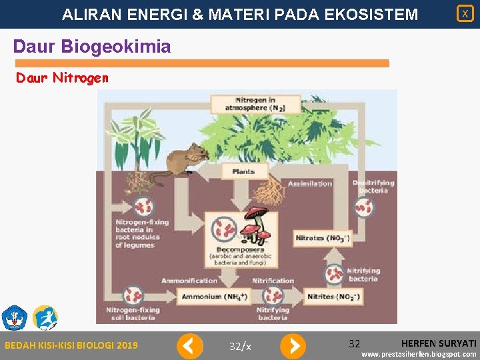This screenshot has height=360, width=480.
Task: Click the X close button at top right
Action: [x=465, y=13]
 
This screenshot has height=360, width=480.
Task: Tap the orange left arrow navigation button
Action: [x=190, y=346]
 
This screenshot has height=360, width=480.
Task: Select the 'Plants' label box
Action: [x=243, y=171]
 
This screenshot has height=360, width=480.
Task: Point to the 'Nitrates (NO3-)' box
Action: [x=323, y=238]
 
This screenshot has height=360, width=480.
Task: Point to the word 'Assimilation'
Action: [x=310, y=183]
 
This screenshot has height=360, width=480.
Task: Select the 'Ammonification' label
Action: [x=189, y=281]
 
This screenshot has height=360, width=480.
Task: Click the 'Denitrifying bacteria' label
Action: [x=373, y=187]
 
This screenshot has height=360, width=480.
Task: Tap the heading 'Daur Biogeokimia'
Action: [x=92, y=47]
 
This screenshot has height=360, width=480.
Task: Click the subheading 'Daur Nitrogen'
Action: [x=61, y=78]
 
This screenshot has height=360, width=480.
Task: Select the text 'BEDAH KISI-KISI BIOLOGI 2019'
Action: [x=71, y=345]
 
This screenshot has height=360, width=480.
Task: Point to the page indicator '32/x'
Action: [x=240, y=346]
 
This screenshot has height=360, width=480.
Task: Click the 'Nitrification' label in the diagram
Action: [x=273, y=281]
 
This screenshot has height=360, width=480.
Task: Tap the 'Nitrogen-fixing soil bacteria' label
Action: [x=133, y=313]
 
